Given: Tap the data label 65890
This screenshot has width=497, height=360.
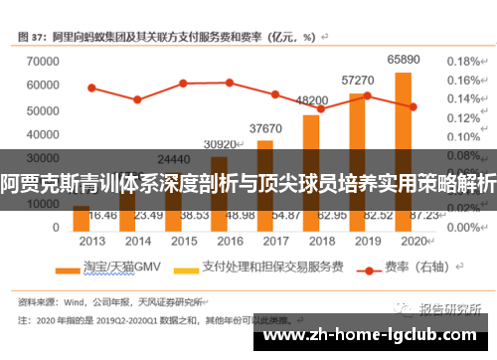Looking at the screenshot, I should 403,62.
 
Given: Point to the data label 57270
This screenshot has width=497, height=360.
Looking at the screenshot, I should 358,80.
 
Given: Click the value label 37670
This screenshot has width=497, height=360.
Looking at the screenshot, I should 265,128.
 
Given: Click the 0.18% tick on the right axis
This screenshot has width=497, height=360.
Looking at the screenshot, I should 464,61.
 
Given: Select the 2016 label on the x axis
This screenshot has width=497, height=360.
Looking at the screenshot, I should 230,240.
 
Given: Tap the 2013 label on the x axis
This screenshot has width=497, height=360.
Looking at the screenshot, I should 91,240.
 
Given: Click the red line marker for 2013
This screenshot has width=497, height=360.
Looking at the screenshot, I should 91,88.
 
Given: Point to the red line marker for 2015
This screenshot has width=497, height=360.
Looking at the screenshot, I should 183,84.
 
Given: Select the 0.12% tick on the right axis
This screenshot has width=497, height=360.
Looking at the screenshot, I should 464,118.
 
